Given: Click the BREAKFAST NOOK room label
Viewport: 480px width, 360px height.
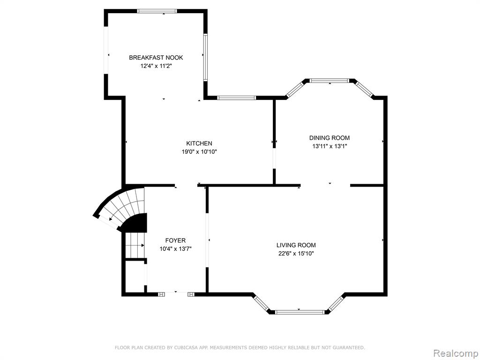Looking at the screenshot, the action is (x=156, y=58).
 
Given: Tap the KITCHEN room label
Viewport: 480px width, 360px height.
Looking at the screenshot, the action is (x=199, y=143).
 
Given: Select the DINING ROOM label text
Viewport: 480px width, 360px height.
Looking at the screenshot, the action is (x=330, y=138).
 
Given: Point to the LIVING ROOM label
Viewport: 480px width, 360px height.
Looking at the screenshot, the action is (x=296, y=245).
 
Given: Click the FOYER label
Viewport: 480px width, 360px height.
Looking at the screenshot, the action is (x=175, y=240).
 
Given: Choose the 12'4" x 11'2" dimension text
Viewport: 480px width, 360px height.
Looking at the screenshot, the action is (x=156, y=66).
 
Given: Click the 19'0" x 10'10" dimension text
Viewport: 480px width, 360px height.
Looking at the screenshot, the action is (x=199, y=151).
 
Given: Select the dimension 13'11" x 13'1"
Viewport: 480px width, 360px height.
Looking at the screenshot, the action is (x=330, y=146).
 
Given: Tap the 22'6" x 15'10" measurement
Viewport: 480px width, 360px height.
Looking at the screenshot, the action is (x=296, y=254).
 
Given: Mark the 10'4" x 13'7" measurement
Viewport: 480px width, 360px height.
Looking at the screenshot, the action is (x=175, y=249).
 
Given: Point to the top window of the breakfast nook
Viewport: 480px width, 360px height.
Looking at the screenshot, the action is (x=157, y=11).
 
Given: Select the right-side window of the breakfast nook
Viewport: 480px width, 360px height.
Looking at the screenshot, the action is (x=205, y=57).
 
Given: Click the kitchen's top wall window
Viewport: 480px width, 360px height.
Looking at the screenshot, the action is (x=236, y=98).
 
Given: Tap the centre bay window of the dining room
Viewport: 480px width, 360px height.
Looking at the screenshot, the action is (x=329, y=81).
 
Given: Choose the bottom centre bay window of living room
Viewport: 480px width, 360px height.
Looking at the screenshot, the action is (x=300, y=312).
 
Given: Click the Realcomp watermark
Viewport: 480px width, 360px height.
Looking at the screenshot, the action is (x=456, y=353).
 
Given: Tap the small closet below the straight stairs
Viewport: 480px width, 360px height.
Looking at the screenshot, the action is (x=135, y=277).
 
